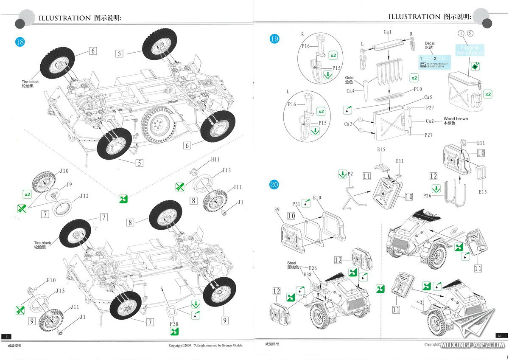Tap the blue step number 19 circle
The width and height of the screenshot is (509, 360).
click(274, 39)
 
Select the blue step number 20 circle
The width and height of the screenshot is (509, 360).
click(274, 185)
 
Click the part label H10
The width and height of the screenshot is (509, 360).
click(51, 281)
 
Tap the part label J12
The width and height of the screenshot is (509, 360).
click(84, 196)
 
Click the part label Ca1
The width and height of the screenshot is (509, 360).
click(388, 32)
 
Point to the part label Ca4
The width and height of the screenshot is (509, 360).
click(351, 91)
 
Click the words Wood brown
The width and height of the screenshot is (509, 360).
click(456, 119)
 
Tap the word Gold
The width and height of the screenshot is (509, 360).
click(349, 78)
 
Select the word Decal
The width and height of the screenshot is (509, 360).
click(431, 43)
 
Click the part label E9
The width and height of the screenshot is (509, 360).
click(277, 209)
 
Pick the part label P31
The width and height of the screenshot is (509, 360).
click(296, 204)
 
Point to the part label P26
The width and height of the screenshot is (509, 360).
click(430, 196)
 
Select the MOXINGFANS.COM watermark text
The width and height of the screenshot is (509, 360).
click(472, 345)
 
